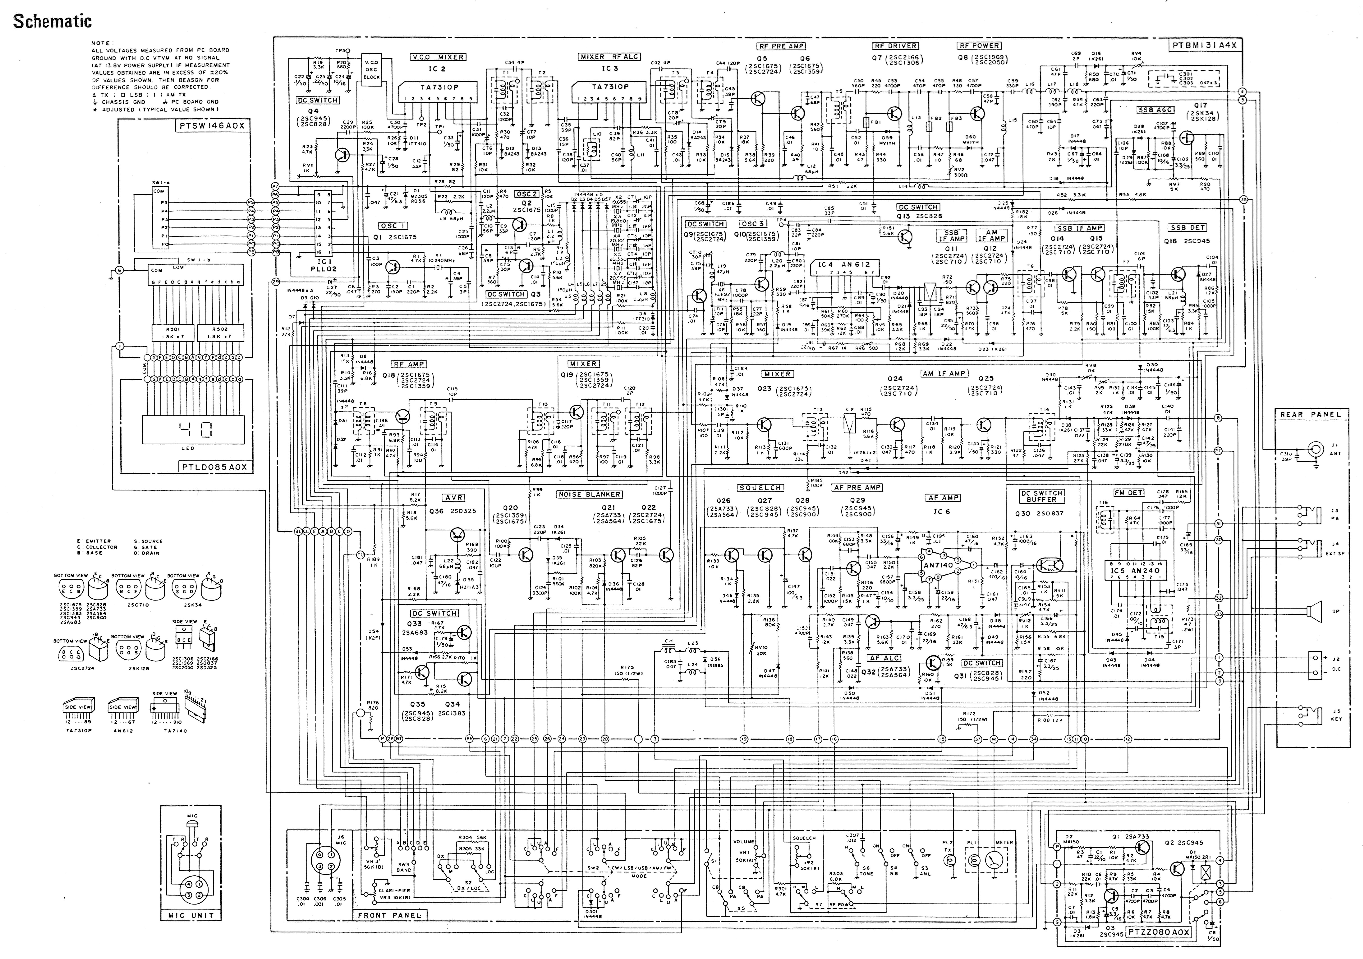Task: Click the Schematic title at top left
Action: point(53,22)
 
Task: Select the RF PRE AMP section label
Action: point(781,46)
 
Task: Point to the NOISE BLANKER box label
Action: point(589,494)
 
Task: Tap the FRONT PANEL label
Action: point(389,915)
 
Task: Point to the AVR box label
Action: point(454,498)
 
